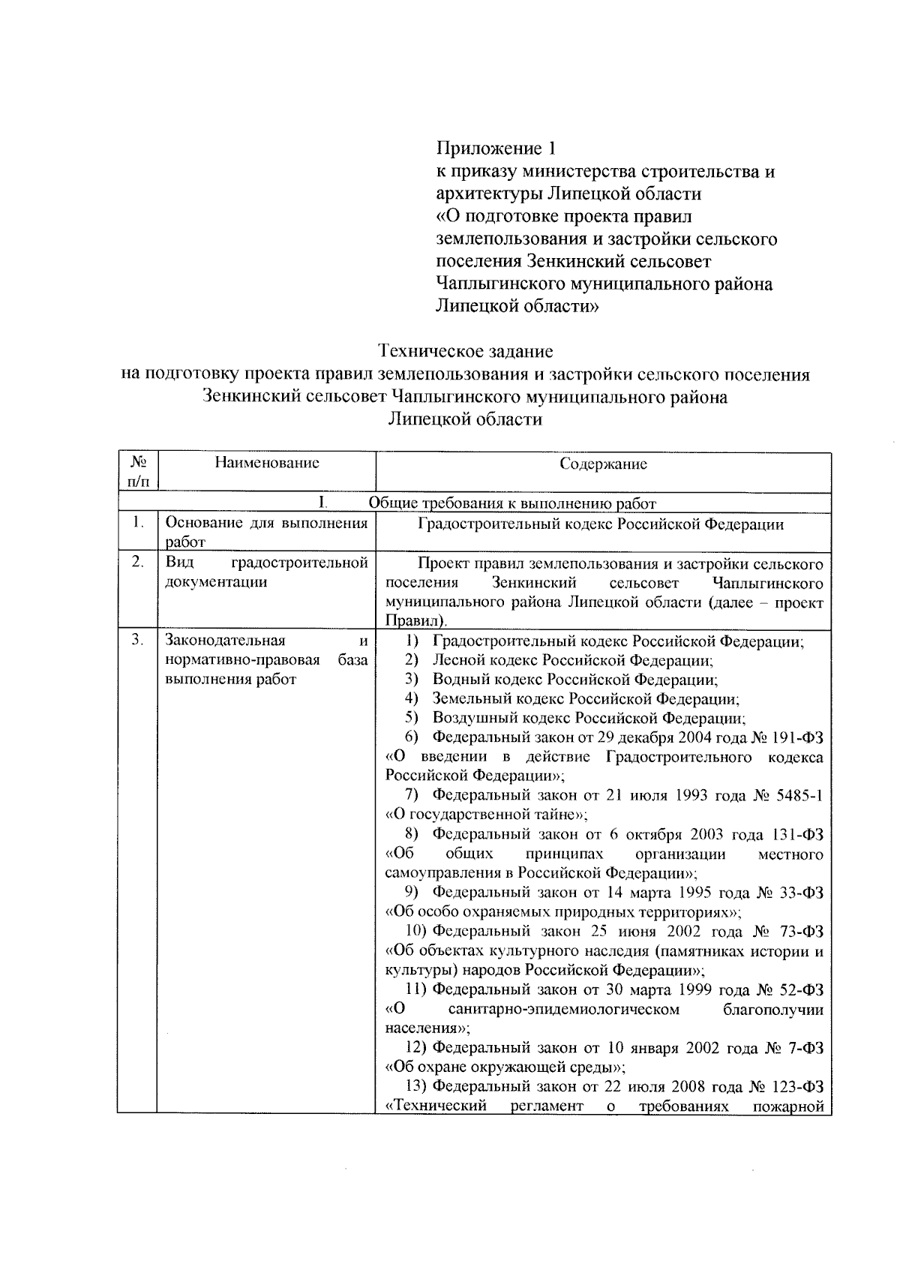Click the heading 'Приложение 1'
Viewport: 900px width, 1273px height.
click(496, 148)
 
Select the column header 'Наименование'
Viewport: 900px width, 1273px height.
click(266, 463)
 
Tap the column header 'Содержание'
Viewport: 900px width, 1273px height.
click(603, 464)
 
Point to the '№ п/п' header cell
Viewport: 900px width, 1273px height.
click(136, 470)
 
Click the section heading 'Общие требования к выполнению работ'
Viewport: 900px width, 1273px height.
click(512, 503)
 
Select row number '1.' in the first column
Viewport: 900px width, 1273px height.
click(136, 524)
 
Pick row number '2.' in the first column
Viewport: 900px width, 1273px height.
click(136, 563)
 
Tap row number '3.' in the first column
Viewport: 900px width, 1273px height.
click(136, 640)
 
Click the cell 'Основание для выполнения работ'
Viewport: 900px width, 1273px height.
click(266, 532)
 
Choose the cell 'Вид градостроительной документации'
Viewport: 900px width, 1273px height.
click(266, 572)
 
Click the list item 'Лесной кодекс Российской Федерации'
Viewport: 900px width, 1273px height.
click(571, 660)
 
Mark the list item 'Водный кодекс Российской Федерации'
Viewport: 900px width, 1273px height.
click(574, 680)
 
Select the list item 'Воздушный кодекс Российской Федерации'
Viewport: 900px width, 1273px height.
click(588, 718)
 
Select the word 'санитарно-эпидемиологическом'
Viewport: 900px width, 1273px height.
click(563, 1009)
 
